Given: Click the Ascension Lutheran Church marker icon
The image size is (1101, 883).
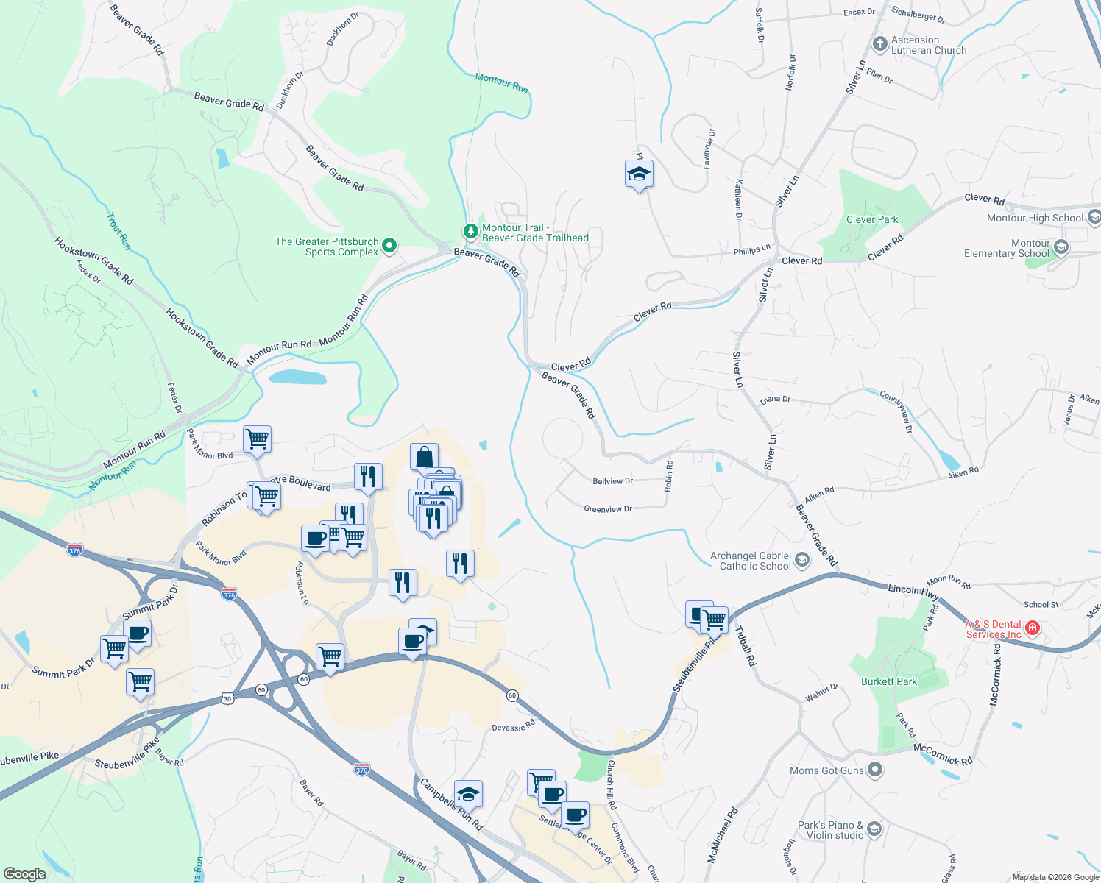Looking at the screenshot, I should [879, 44].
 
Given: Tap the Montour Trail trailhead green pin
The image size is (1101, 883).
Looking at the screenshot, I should [470, 231].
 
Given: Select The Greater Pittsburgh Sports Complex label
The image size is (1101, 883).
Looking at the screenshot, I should [327, 247].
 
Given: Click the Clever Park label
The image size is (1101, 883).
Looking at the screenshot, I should [872, 219].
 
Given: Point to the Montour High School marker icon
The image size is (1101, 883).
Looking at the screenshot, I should [1094, 217].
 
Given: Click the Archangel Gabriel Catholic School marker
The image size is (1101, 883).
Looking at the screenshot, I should [802, 561].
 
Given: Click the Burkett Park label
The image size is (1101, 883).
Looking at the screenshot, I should [889, 681].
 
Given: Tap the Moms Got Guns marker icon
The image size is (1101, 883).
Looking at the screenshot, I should [874, 770].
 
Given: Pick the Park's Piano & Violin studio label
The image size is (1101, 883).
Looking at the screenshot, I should [826, 830].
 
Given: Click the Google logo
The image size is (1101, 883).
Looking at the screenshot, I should [25, 873].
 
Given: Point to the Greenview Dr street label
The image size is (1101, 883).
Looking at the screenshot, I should [608, 509].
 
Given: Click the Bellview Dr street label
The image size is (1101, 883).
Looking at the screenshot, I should [612, 481].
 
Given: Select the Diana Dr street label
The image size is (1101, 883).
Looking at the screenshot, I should [776, 400].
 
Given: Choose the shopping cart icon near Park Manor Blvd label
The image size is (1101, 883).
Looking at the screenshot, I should [258, 439].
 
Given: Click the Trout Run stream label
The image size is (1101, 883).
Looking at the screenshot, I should [118, 231].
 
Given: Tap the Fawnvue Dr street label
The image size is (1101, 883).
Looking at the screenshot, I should [709, 149].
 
